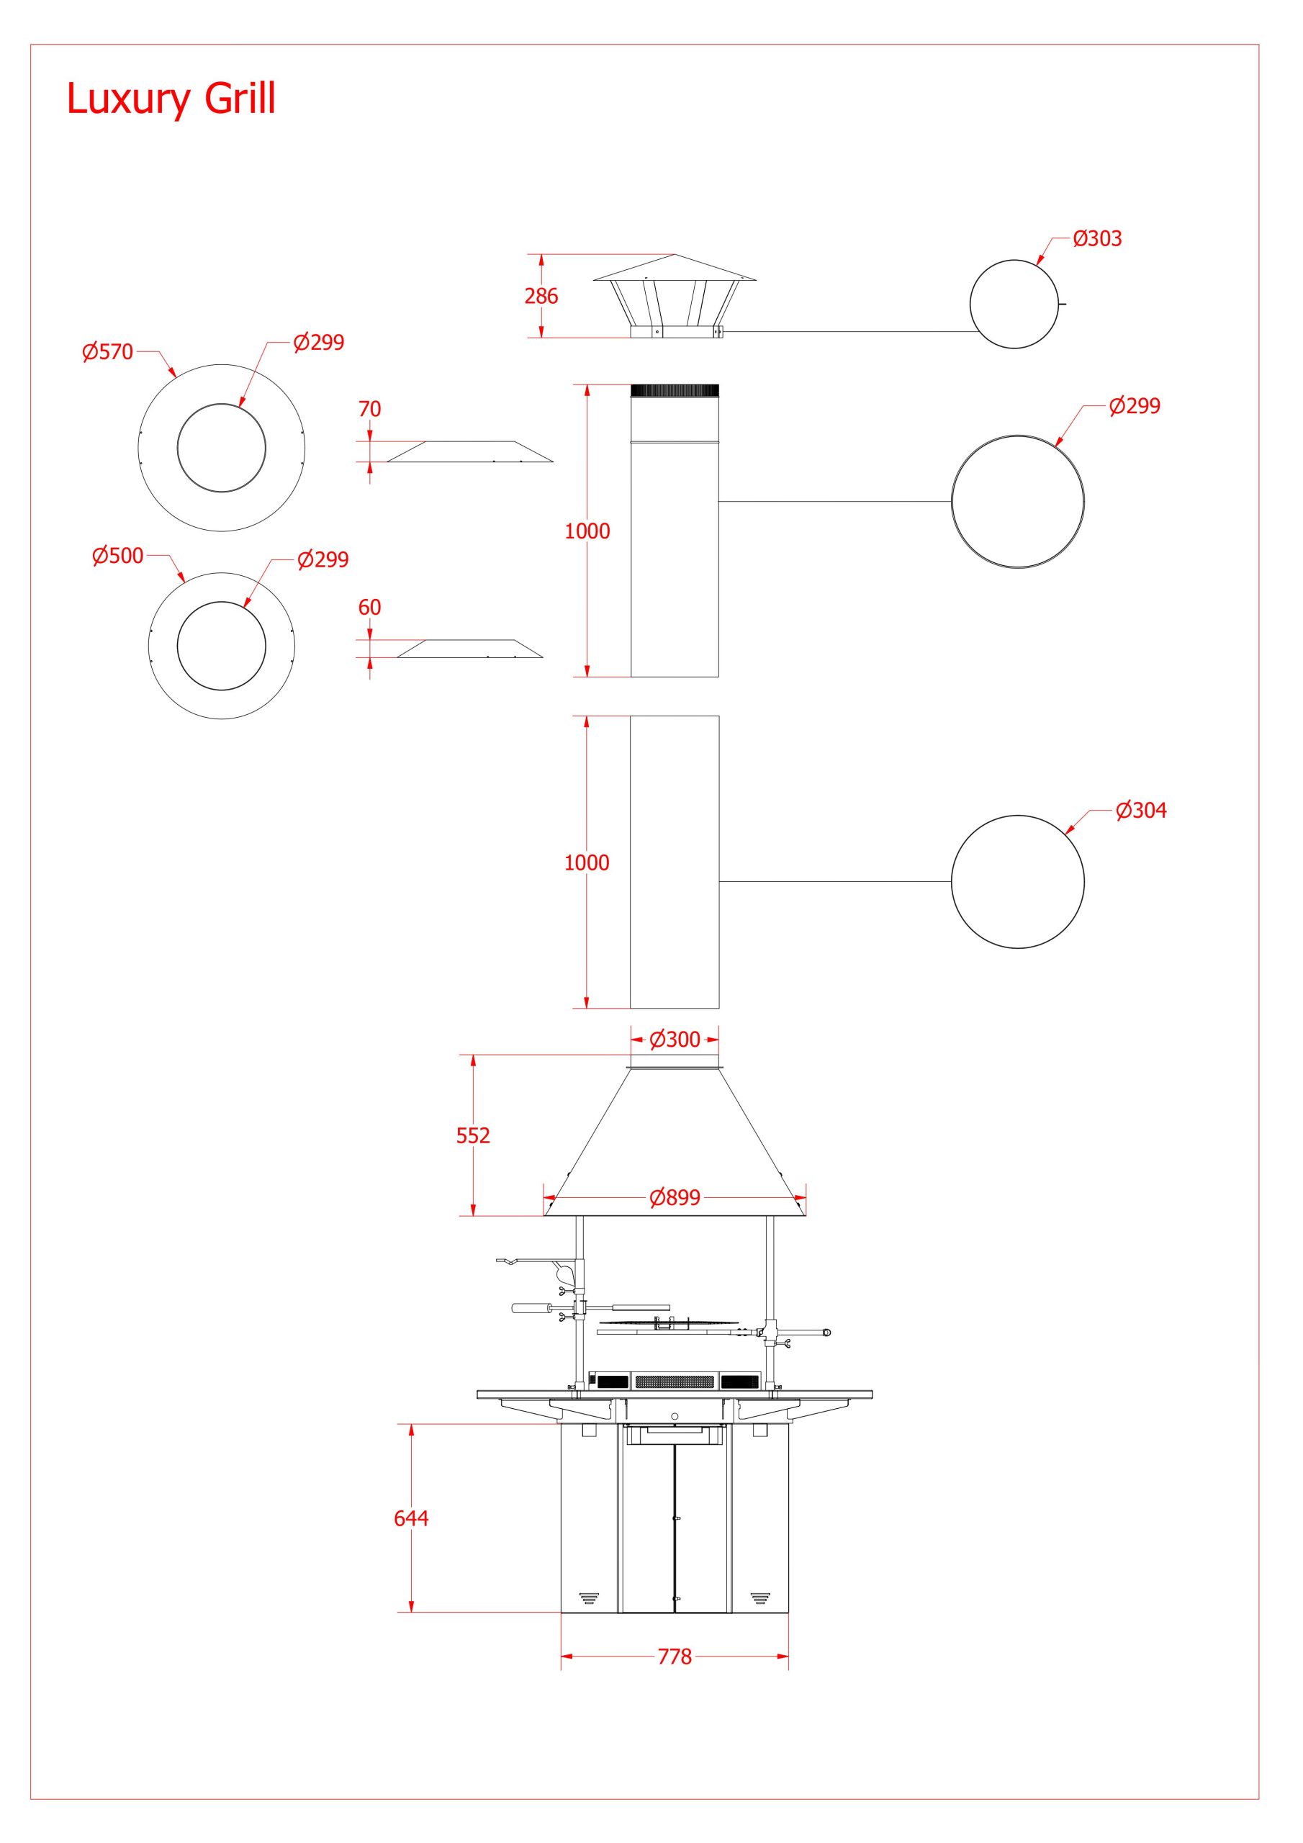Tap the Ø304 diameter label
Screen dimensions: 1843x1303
[1140, 810]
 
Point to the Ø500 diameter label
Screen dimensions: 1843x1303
[117, 556]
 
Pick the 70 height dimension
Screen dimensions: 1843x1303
[369, 409]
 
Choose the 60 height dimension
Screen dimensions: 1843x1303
[369, 607]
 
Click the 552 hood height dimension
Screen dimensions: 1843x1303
[473, 1135]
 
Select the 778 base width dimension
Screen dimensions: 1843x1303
[675, 1657]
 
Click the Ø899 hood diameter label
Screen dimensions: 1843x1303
[675, 1198]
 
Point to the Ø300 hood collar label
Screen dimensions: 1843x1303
[675, 1040]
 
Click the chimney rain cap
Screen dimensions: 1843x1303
[675, 293]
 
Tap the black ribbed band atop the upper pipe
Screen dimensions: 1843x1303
[675, 391]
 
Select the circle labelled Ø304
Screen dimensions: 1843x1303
[1017, 881]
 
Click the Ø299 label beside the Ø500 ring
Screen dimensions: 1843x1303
[323, 559]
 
